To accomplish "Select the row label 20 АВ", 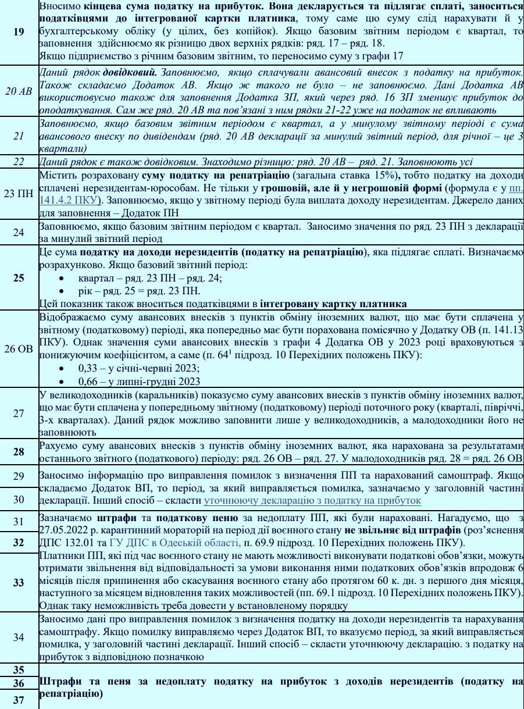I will point(19,91).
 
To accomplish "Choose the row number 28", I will point(19,451).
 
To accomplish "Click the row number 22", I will point(19,162).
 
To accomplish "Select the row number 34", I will point(19,637).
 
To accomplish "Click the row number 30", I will point(19,500).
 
